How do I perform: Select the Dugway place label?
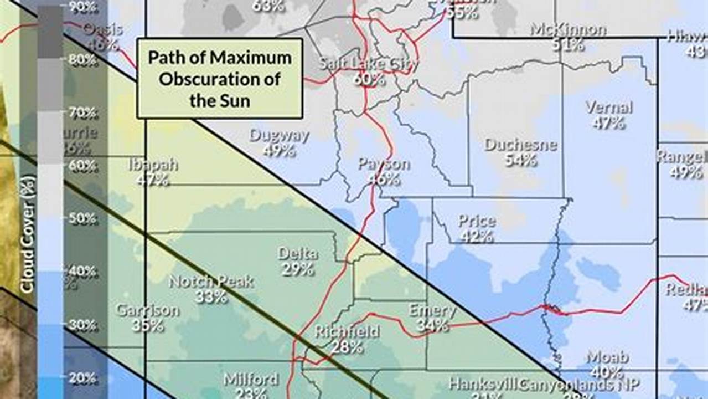(x=279, y=135)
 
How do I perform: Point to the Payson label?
(x=384, y=164)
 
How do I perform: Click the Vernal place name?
(x=609, y=107)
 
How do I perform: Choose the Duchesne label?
(x=520, y=145)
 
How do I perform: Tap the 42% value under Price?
(x=476, y=237)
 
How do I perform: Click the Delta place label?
(x=298, y=254)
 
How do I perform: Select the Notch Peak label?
(x=211, y=282)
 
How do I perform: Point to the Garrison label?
(x=147, y=310)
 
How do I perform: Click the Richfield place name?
(x=347, y=331)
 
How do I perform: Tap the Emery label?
(x=432, y=310)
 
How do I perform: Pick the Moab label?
(x=607, y=357)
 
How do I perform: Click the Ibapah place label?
(x=153, y=164)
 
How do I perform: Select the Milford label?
(x=251, y=380)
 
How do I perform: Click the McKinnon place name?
(x=568, y=29)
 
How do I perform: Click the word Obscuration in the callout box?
(x=219, y=79)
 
